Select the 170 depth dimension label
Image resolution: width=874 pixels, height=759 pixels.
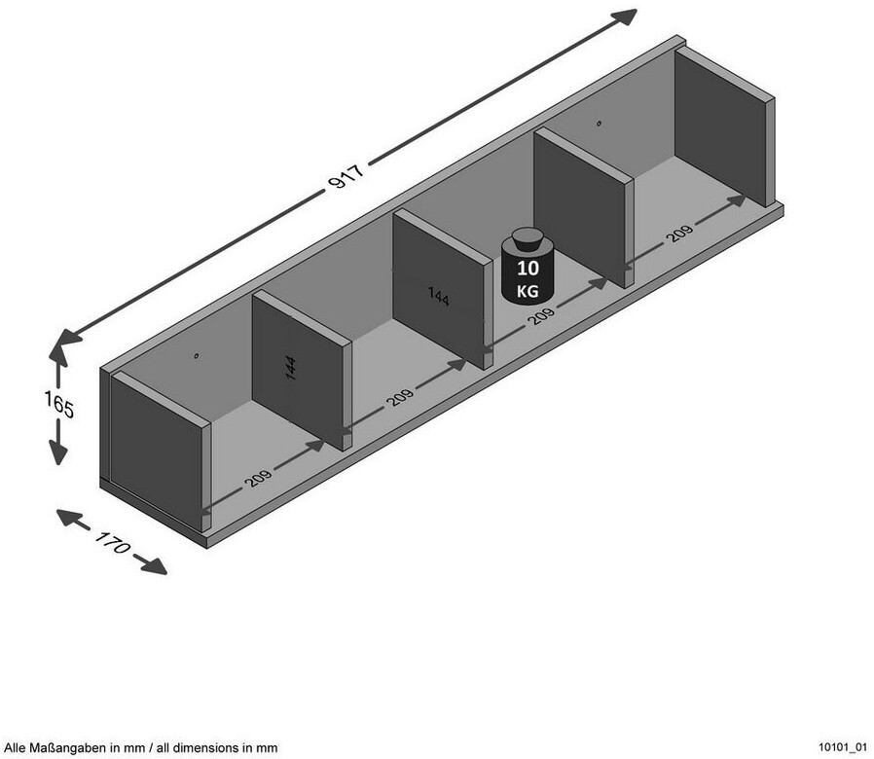click(x=112, y=543)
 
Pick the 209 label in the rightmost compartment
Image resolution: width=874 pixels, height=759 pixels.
click(x=679, y=235)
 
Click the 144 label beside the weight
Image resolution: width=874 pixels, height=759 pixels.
click(x=438, y=295)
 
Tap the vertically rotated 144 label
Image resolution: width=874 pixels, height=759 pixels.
click(x=291, y=368)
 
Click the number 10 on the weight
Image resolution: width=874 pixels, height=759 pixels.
click(x=528, y=268)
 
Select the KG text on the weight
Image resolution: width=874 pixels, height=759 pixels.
click(x=528, y=289)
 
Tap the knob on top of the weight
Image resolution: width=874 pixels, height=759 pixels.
click(x=528, y=236)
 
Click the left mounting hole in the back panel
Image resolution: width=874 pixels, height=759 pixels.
click(x=196, y=356)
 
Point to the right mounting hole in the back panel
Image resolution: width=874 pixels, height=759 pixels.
click(x=599, y=124)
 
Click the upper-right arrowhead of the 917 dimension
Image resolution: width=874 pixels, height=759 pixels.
click(x=626, y=17)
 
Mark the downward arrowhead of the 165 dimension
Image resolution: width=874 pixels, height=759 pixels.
click(x=59, y=452)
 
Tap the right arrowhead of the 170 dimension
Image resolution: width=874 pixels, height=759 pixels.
click(x=156, y=565)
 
